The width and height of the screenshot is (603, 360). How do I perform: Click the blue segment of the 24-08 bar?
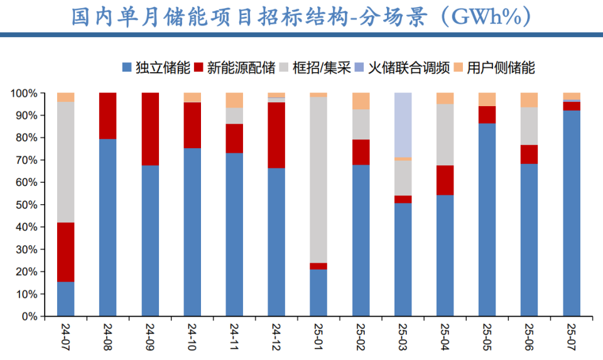click(108, 227)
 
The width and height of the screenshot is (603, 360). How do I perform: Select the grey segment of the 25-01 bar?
click(318, 180)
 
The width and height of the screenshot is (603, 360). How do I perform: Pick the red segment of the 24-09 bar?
click(150, 129)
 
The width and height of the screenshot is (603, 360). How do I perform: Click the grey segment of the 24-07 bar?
click(66, 162)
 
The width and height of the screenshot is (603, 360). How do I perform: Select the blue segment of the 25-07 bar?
click(572, 213)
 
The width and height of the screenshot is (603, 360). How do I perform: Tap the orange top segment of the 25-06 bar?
click(530, 100)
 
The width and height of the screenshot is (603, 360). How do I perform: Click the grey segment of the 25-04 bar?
click(445, 134)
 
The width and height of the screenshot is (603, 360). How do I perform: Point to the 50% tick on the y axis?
click(28, 205)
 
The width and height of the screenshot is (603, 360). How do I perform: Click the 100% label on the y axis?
click(25, 93)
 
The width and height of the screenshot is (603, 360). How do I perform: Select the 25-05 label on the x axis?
click(487, 336)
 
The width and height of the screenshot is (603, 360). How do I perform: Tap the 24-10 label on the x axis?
click(193, 336)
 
